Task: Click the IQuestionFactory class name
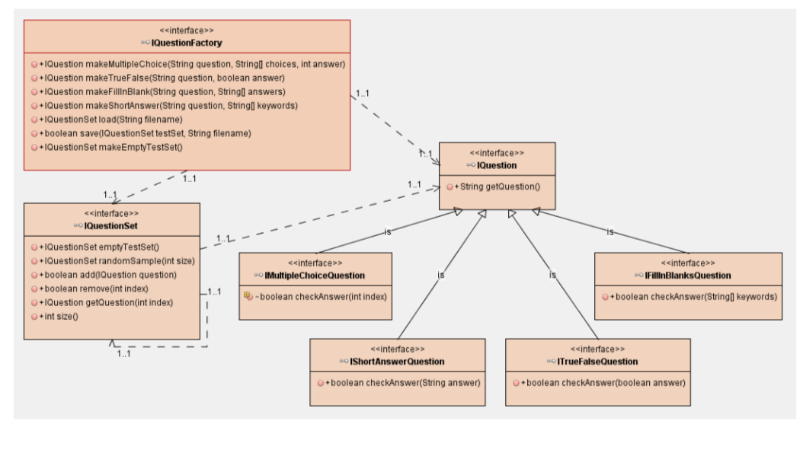(x=187, y=43)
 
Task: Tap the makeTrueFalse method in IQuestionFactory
(x=164, y=78)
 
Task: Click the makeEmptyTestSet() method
(x=114, y=147)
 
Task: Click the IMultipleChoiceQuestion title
(x=314, y=275)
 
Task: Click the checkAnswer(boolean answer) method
(x=603, y=382)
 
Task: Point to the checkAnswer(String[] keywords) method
(x=693, y=296)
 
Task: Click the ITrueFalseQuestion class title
(x=597, y=361)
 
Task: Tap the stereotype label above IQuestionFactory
(x=187, y=30)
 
